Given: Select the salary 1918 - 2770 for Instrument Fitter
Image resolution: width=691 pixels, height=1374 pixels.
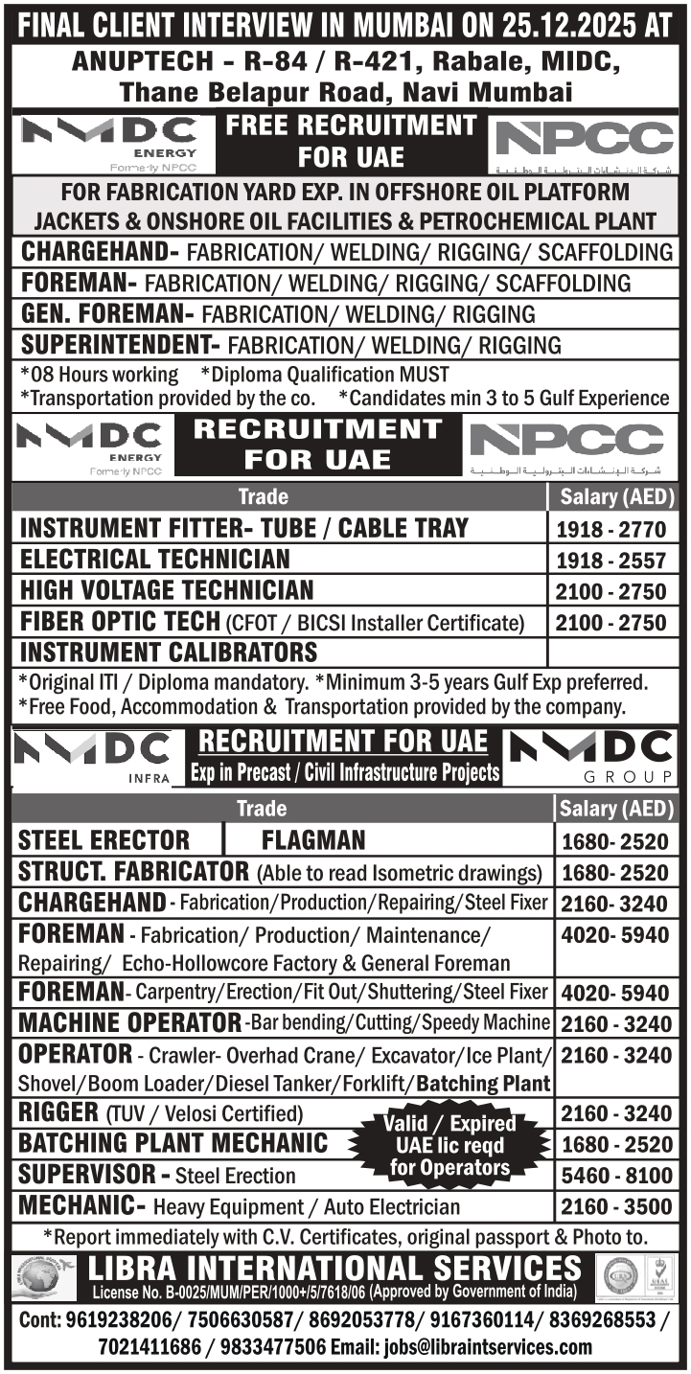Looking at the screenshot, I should coord(610,529).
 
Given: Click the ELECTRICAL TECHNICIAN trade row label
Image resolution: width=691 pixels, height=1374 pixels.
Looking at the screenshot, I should coord(154,559).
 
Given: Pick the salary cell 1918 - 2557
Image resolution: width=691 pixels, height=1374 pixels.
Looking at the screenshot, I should coord(610,560).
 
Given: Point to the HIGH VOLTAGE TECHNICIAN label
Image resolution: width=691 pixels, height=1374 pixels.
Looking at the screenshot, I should coord(167,589).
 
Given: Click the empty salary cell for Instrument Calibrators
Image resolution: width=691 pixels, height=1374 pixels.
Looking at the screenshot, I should coord(610,652).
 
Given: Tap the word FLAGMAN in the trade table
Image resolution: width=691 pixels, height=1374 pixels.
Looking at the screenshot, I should coord(313,840).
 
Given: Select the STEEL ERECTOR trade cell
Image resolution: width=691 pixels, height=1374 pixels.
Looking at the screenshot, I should coord(104,840).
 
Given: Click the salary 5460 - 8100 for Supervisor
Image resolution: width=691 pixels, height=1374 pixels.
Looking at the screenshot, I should coord(616,1175).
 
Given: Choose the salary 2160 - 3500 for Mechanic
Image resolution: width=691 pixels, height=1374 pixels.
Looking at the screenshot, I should coord(616,1205).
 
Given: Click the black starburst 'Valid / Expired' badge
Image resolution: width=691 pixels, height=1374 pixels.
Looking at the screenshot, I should coord(449,1145).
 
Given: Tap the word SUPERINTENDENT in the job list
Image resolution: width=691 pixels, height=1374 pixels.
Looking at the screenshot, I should coord(109,344).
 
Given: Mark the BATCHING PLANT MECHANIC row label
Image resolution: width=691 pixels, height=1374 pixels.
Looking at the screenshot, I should coord(173,1144).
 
